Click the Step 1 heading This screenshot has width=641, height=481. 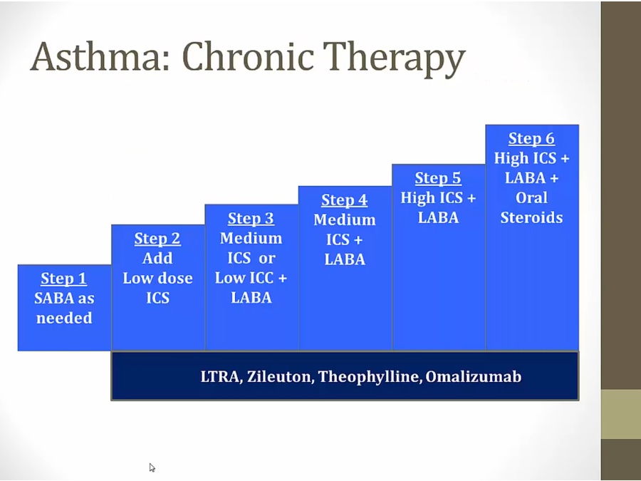tap(64, 279)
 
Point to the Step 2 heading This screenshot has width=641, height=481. tap(157, 239)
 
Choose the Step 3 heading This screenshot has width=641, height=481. tap(251, 219)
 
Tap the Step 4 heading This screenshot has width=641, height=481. tap(344, 200)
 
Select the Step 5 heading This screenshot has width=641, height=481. tap(438, 178)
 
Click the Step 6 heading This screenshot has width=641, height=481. tap(531, 139)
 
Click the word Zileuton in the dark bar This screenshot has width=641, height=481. tap(280, 376)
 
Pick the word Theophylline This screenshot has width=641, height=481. tap(370, 377)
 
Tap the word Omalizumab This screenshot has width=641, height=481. tap(474, 376)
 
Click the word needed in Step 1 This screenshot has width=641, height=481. tap(64, 318)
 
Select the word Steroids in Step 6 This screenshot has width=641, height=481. tap(531, 217)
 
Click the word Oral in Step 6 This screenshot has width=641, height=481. tap(531, 198)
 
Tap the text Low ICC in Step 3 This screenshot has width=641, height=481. tap(244, 278)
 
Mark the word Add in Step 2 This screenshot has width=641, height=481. tap(157, 259)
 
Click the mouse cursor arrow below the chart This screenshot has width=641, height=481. tap(152, 467)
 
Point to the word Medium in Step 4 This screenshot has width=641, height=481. tap(345, 220)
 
